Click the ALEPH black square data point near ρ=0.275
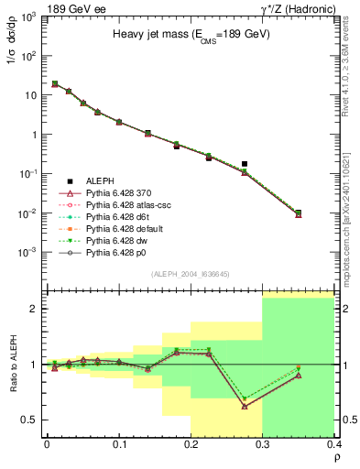pos(245,164)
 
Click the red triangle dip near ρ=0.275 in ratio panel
pos(245,406)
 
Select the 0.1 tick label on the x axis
pos(118,444)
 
